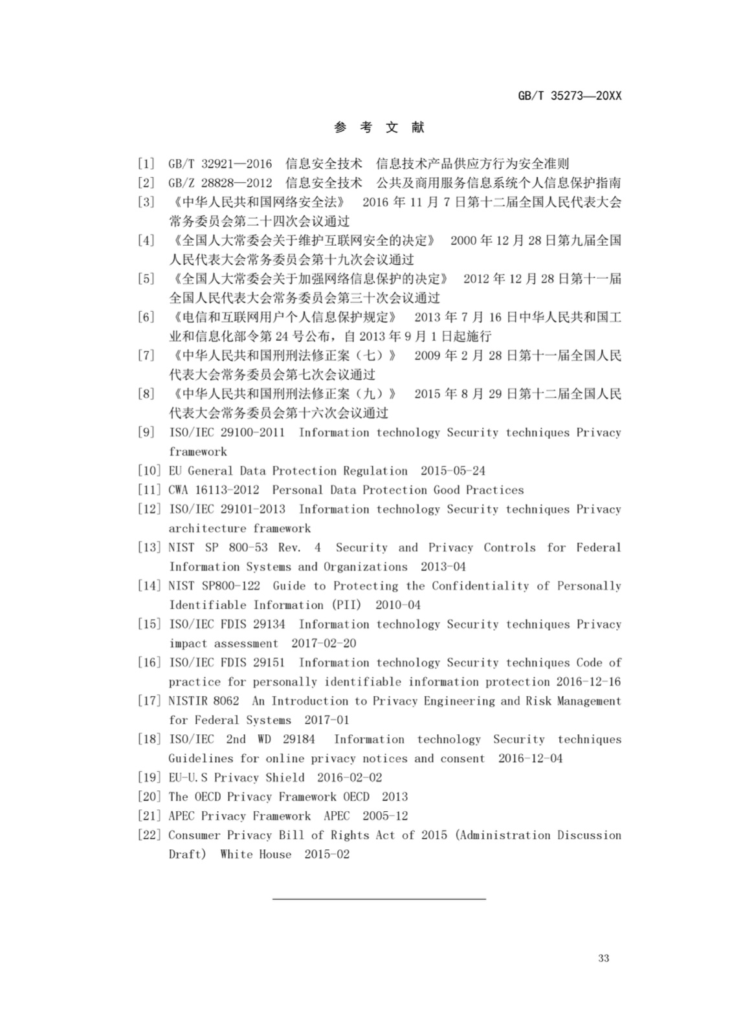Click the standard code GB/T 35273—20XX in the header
tap(570, 96)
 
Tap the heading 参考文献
tap(379, 127)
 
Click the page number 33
tap(603, 958)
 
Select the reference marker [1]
tap(146, 164)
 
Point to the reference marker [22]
tap(149, 835)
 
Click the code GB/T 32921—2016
tap(220, 164)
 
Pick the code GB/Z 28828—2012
tap(220, 183)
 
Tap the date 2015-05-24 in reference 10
tap(452, 471)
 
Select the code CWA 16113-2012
tap(214, 490)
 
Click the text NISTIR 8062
tap(203, 701)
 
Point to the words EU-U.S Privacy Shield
tap(236, 778)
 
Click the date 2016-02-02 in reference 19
tap(349, 778)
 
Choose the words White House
tap(256, 854)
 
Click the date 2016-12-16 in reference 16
tap(588, 682)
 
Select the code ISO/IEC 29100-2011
tap(227, 432)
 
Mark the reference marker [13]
tap(149, 547)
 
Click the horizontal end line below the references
tap(379, 899)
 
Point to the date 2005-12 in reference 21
tap(385, 816)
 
